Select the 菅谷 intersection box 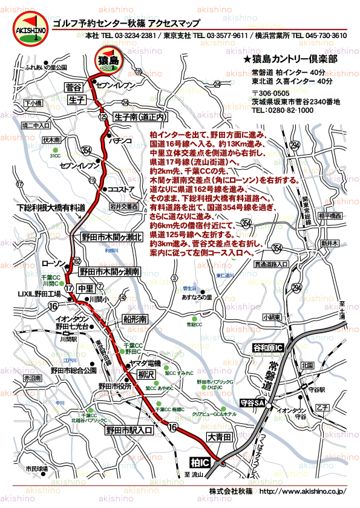coord(78,88)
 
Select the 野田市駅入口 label coord(129,430)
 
